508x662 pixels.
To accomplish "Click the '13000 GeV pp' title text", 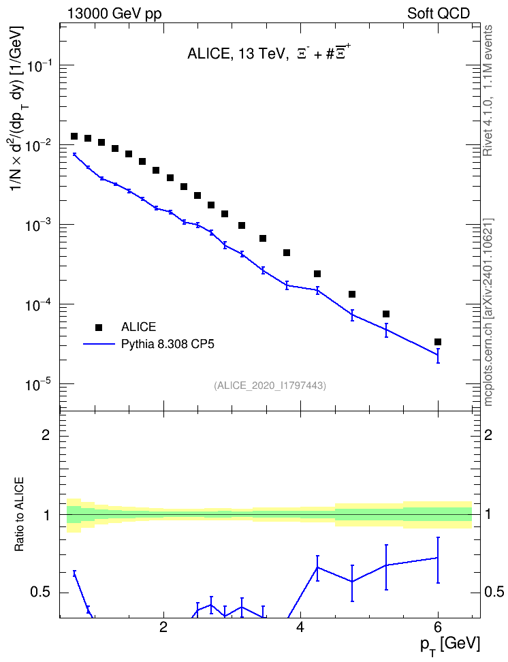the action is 114,14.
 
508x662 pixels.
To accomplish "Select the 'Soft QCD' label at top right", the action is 439,14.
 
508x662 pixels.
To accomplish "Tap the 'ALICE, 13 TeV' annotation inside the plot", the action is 238,54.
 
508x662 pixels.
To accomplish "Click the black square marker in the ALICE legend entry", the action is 99,327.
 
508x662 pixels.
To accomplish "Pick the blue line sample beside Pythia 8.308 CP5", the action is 99,344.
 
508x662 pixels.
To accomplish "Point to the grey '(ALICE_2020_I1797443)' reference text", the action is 270,385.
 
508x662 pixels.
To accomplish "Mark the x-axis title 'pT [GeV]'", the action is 450,645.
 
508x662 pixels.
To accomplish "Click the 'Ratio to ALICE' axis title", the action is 19,514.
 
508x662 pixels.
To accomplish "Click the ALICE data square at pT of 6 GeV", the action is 438,342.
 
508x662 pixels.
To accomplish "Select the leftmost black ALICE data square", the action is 74,136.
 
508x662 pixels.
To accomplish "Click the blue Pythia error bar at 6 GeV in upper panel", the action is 438,356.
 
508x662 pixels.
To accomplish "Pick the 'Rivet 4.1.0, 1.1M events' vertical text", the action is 488,91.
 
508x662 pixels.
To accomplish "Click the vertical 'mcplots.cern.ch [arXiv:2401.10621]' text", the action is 488,313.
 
